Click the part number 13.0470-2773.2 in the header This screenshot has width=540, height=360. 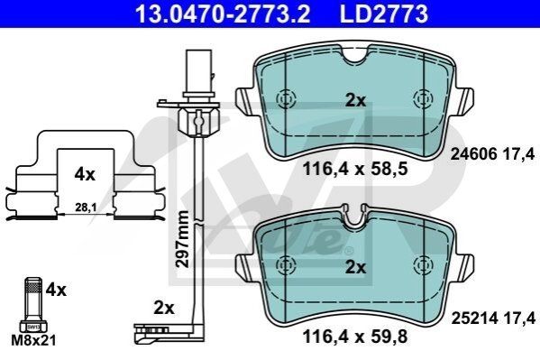tap(223, 14)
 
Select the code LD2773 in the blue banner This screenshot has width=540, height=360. tap(384, 14)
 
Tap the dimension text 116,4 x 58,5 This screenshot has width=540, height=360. tap(355, 170)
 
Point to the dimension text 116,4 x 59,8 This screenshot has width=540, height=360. tap(355, 337)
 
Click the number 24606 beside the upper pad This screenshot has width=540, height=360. tap(473, 153)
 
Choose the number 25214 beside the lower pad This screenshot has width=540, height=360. tap(474, 318)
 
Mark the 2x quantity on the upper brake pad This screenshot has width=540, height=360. tap(356, 100)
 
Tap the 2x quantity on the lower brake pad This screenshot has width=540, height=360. tap(356, 267)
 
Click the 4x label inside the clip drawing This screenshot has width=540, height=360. tap(85, 174)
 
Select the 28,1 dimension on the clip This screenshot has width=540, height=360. tap(86, 208)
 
